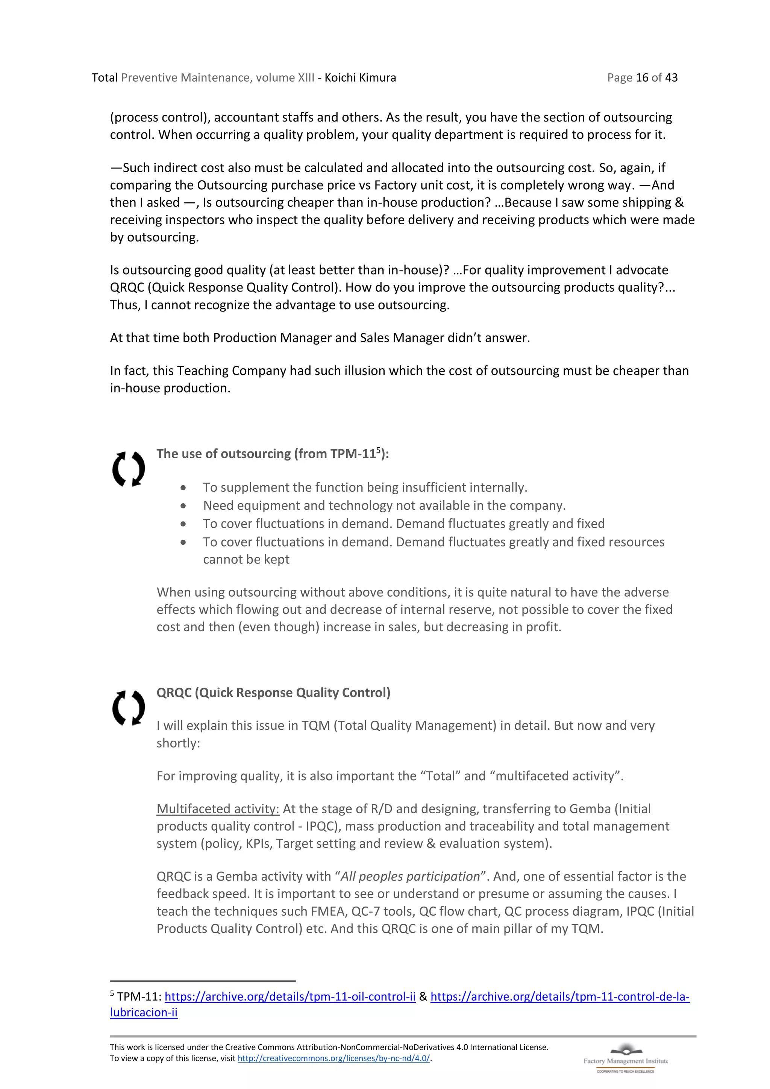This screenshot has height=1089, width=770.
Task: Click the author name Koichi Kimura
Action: pos(360,78)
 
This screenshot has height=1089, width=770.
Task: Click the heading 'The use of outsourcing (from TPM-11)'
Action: pos(272,454)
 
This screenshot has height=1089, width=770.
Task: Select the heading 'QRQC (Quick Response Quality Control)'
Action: pos(273,693)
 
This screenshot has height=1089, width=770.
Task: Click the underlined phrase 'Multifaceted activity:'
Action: pos(218,809)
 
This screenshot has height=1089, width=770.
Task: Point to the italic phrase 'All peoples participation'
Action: pos(410,876)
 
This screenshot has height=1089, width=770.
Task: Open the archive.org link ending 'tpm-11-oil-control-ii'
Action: pos(290,996)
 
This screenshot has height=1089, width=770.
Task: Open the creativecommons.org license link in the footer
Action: pos(333,1059)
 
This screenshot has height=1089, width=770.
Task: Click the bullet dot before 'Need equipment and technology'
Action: pos(183,506)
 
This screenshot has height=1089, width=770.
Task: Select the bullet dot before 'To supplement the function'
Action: pos(183,488)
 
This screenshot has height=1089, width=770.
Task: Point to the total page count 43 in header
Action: pos(671,78)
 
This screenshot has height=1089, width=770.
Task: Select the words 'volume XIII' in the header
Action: pos(285,78)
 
